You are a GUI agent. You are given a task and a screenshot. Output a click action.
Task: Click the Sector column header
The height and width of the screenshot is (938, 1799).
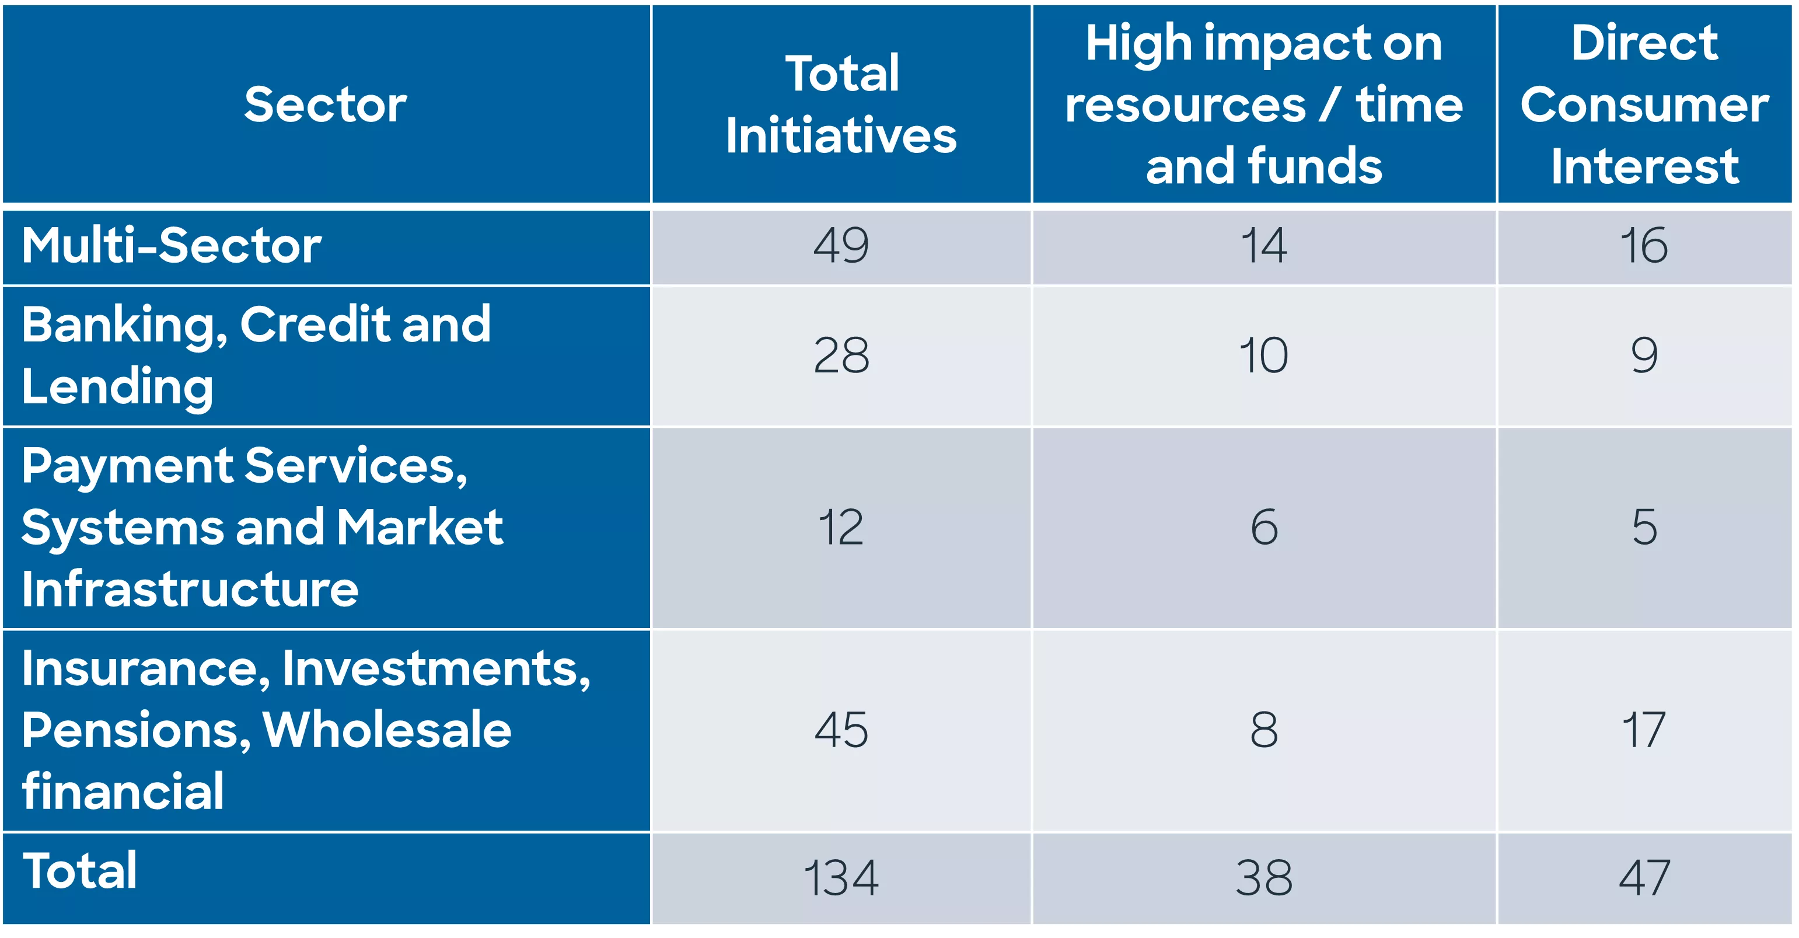[326, 104]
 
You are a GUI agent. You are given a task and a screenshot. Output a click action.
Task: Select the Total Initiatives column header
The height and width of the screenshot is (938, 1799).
[841, 104]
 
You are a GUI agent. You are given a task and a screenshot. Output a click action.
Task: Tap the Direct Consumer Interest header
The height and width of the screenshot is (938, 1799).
[1645, 104]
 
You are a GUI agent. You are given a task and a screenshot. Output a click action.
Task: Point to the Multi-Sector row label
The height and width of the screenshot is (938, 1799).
[171, 246]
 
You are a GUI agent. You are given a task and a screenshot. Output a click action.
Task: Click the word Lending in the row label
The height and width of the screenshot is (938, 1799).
[117, 386]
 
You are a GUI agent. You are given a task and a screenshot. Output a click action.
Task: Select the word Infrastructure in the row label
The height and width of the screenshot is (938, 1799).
[190, 589]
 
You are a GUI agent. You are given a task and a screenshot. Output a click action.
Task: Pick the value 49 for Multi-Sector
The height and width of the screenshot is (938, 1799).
[841, 246]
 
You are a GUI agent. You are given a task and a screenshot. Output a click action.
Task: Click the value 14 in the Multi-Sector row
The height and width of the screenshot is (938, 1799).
[1263, 246]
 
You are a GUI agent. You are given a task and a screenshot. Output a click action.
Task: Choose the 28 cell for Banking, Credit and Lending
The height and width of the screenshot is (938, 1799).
[841, 355]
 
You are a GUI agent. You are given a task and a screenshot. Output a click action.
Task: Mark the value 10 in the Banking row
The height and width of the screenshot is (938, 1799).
[1263, 355]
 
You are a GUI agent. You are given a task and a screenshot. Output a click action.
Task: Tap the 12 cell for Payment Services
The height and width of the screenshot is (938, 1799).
[841, 527]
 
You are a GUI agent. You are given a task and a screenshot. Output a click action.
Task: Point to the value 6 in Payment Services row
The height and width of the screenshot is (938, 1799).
[1263, 527]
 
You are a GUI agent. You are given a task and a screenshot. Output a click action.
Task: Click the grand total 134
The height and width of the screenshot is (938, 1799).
[841, 878]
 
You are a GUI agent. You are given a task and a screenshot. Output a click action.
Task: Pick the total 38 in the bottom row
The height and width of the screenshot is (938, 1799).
[1263, 878]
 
